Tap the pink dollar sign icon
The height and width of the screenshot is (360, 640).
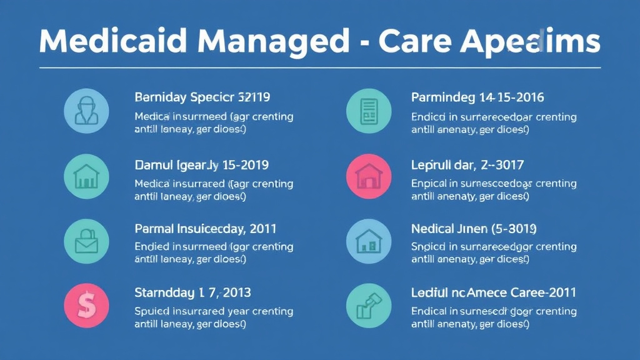point(86,306)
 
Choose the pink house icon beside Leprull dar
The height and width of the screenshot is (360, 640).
point(368,176)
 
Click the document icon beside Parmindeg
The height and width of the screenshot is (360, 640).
point(368,111)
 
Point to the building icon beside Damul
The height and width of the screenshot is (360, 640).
point(86,176)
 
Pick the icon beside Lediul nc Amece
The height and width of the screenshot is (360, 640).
point(368,306)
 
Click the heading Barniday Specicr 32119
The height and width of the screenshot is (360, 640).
point(202,97)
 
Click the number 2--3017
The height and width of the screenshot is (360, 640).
point(501,166)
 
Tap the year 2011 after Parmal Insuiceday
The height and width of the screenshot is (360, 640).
point(262,229)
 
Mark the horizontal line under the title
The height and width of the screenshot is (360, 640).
point(320,67)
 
